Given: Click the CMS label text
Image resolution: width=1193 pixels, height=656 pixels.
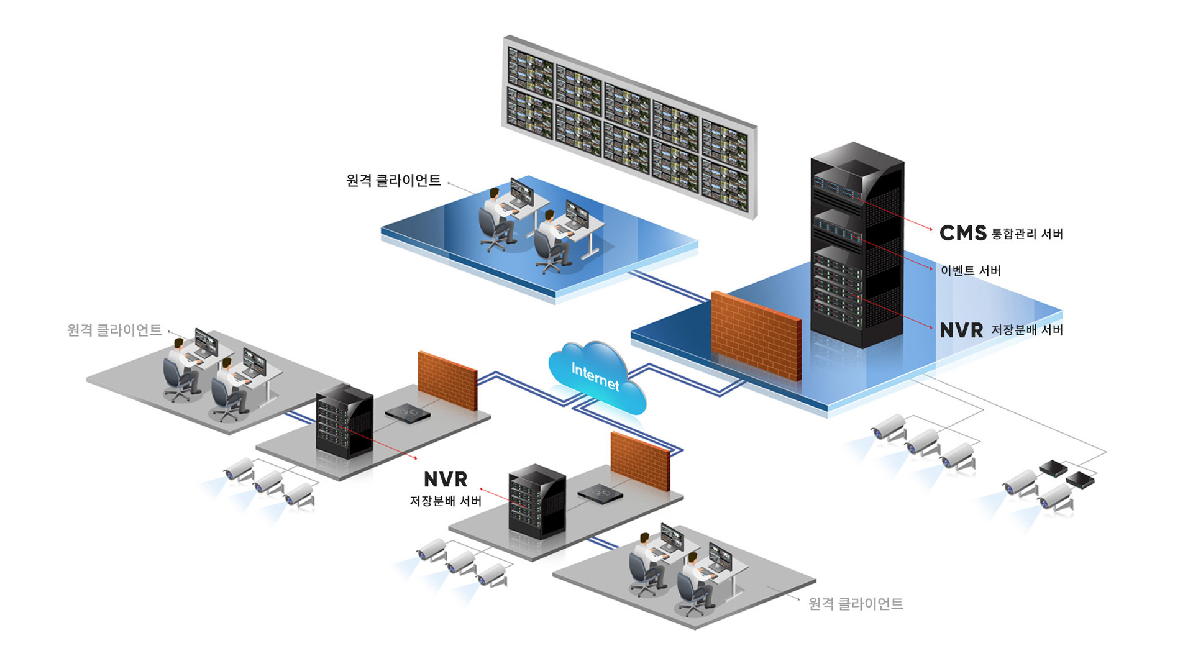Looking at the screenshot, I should click(x=962, y=233).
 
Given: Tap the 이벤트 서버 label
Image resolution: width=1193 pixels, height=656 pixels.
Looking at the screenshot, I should click(x=971, y=271).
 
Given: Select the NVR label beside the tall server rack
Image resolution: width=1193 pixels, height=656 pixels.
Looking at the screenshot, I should click(x=961, y=330).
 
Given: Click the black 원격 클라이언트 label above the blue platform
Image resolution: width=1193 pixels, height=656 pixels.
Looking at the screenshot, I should click(x=393, y=181).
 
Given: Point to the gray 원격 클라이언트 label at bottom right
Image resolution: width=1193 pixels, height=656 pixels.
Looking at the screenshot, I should click(x=856, y=604).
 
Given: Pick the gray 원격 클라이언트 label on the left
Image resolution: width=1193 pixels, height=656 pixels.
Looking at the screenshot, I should click(x=114, y=330).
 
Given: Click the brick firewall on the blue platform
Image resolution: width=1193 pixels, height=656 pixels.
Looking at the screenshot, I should click(x=756, y=335).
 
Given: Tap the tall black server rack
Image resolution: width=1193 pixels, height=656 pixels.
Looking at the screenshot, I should click(x=857, y=245).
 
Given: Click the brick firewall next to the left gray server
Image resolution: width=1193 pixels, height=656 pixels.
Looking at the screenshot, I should click(x=447, y=380).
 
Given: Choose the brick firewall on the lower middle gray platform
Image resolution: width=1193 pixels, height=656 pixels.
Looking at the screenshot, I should click(x=640, y=461).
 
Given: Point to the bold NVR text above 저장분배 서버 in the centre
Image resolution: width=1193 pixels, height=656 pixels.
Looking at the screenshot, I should click(x=446, y=479).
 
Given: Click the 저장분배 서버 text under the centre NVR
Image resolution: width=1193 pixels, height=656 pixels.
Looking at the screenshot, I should click(x=446, y=501).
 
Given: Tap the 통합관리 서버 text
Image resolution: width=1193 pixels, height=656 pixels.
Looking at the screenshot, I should click(x=1027, y=234).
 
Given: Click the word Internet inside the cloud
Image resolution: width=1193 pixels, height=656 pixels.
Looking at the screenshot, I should click(x=595, y=376).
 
